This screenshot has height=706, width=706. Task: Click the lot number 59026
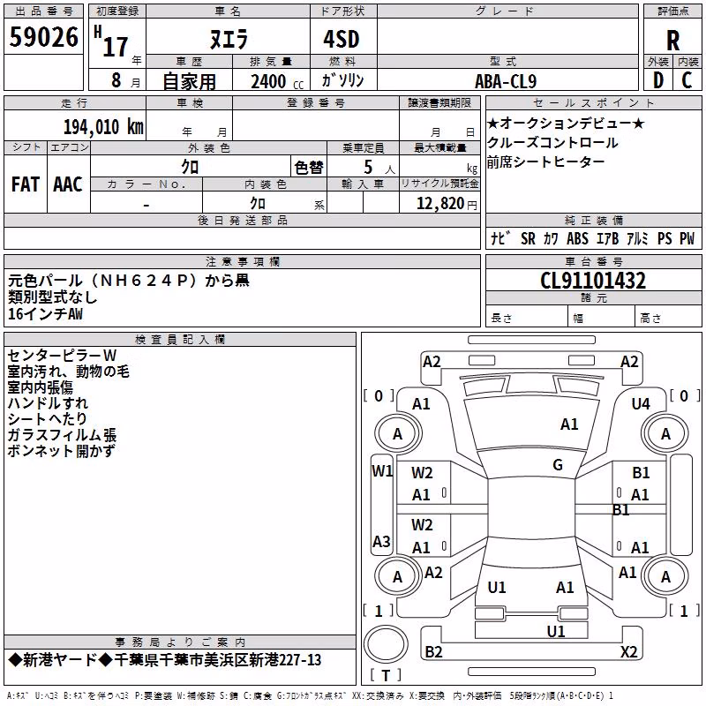[43, 37]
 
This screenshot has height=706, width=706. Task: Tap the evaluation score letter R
[672, 41]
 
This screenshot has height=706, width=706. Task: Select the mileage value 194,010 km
[103, 127]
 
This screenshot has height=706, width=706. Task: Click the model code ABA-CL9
[506, 81]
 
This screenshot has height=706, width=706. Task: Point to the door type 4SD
[342, 39]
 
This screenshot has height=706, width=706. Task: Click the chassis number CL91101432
[593, 281]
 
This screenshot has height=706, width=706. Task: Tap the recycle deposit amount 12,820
[440, 204]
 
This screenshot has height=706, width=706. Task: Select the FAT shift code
[26, 184]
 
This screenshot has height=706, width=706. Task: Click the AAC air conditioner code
[68, 184]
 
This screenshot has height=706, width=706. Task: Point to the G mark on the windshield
[558, 465]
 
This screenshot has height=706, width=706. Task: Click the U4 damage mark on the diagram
[641, 404]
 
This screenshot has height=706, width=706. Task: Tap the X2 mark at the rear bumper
[628, 651]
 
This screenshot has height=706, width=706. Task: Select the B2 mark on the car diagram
[433, 651]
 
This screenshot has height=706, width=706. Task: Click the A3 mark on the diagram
[381, 541]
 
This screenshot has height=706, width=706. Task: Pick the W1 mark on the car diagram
[382, 471]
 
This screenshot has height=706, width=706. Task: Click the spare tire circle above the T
[386, 644]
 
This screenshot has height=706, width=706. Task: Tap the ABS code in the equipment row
[577, 238]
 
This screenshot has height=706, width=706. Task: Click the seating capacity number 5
[368, 168]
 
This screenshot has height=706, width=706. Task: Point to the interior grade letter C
[687, 80]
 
